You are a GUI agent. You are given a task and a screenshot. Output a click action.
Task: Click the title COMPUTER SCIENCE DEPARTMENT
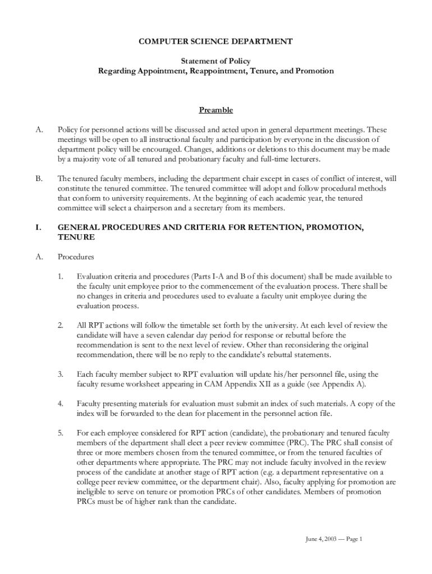tap(215, 41)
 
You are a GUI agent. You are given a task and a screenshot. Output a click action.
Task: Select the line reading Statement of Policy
tap(215, 61)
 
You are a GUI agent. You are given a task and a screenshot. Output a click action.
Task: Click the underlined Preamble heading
tap(216, 110)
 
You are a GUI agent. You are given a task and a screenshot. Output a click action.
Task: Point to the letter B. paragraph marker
tap(39, 179)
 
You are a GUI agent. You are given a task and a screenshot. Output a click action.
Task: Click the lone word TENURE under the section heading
tap(76, 238)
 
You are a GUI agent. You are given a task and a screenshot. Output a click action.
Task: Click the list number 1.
tap(60, 276)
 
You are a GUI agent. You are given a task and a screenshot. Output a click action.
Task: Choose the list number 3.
tap(60, 374)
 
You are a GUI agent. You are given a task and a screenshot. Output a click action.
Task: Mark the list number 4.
tap(60, 404)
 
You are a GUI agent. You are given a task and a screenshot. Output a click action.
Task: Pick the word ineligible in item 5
tap(95, 492)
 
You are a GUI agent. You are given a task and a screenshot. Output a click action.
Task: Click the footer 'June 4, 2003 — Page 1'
tap(334, 539)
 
